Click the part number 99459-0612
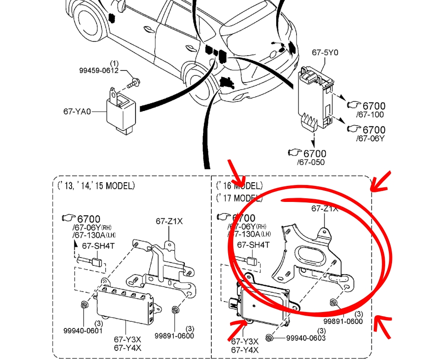99,71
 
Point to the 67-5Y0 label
325,53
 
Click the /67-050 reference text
311,162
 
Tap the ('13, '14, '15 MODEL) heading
96,186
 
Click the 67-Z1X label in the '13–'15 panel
169,221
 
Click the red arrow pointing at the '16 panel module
238,331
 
